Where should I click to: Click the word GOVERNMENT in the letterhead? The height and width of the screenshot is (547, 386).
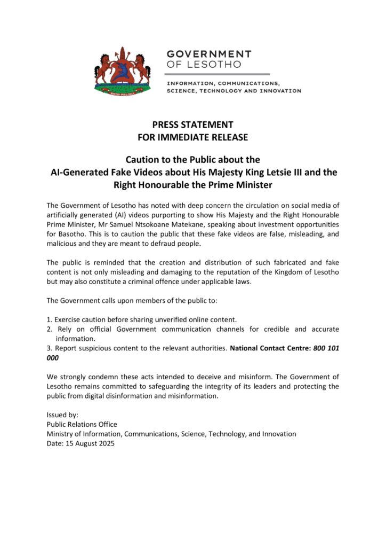209,54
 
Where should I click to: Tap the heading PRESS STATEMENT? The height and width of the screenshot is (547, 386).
192,124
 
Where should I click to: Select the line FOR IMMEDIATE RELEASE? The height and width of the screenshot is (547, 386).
192,137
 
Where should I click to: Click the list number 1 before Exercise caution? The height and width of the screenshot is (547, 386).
49,319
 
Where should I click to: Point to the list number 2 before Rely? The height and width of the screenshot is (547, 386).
49,329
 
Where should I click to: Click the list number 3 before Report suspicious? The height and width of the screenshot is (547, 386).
49,348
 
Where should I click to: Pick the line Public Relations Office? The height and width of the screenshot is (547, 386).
82,425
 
